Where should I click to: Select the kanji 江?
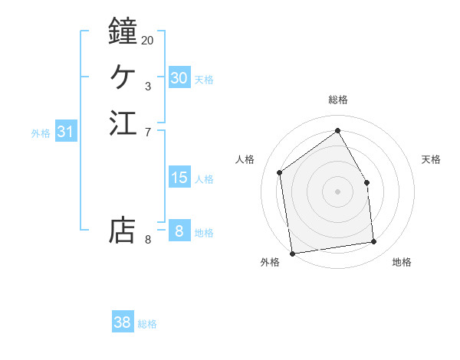pyautogui.click(x=123, y=123)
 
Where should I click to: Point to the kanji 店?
pyautogui.click(x=123, y=231)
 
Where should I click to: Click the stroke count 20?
pyautogui.click(x=147, y=40)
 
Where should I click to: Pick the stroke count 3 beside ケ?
pyautogui.click(x=148, y=87)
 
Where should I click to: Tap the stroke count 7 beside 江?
pyautogui.click(x=148, y=133)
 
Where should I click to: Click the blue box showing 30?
pyautogui.click(x=179, y=78)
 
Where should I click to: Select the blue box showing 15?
pyautogui.click(x=179, y=178)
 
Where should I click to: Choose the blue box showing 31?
pyautogui.click(x=65, y=132)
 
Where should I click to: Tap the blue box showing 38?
pyautogui.click(x=122, y=322)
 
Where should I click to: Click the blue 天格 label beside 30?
pyautogui.click(x=204, y=79)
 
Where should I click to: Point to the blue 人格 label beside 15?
pyautogui.click(x=204, y=179)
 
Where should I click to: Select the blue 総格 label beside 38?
pyautogui.click(x=147, y=324)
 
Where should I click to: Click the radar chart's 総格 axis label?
pyautogui.click(x=337, y=100)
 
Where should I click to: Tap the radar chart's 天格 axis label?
pyautogui.click(x=431, y=159)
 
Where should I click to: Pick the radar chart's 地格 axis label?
pyautogui.click(x=402, y=263)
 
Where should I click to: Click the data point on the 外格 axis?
pyautogui.click(x=292, y=254)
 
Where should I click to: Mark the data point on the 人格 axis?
pyautogui.click(x=280, y=172)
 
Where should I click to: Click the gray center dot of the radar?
pyautogui.click(x=337, y=191)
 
